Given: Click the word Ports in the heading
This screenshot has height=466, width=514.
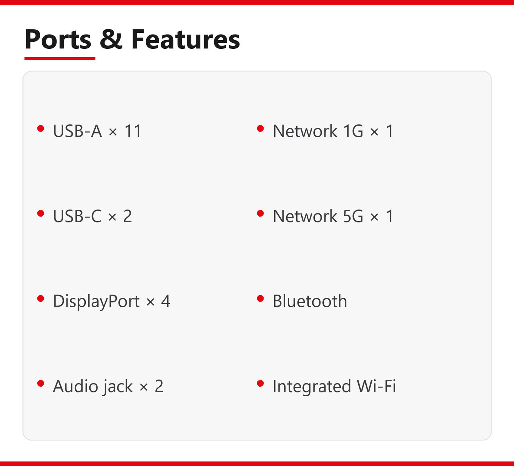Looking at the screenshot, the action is [x=58, y=39].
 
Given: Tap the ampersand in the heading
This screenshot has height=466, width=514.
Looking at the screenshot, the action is [x=111, y=39].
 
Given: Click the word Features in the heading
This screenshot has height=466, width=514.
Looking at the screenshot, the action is [x=186, y=39].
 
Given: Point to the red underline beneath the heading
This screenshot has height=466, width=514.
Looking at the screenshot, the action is [x=60, y=59].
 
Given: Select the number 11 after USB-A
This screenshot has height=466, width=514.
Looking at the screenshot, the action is [x=133, y=131].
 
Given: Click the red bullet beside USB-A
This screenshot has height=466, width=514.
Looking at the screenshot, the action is [x=41, y=128].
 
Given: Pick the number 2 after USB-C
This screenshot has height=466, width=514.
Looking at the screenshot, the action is [x=128, y=216].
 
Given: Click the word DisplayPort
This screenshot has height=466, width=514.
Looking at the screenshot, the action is [x=96, y=301].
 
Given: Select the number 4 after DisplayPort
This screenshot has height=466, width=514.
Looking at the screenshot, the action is [x=165, y=301].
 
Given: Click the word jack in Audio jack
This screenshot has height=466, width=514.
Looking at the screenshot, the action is [x=117, y=387].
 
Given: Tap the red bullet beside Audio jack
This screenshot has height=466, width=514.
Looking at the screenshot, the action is [x=41, y=383].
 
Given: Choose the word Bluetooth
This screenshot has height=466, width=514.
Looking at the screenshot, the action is [x=310, y=301].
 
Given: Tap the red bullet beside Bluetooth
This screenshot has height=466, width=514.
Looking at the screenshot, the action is [x=260, y=298].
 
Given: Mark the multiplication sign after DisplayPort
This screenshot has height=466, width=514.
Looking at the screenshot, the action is [x=151, y=302].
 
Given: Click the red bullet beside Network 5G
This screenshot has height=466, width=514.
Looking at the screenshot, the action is [x=260, y=213].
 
